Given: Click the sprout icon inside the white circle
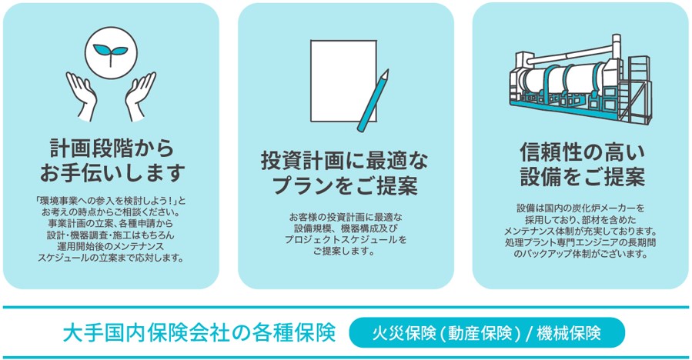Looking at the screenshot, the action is coord(110,52).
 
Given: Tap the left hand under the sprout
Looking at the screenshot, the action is coord(82,95).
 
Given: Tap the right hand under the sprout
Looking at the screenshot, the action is coord(140,95).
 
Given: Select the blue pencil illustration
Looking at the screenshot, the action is coord(373,101).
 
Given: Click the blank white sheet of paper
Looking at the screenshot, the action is coord(343,81).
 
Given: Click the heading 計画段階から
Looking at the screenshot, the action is coord(111,148).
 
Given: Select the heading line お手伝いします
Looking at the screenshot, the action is coord(111,172).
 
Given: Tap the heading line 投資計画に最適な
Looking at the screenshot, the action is coord(344,161).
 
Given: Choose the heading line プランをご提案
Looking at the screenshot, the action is coord(345,185).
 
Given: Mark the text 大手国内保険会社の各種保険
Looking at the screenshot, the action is coord(199,333).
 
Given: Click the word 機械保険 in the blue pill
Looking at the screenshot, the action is coord(569,333).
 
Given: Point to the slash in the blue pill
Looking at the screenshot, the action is coord(529,334).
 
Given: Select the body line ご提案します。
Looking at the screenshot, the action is coord(344,252).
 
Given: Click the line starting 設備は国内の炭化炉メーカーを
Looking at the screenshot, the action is coord(581,208).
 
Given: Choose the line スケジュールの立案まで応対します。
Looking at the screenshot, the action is coord(111,258).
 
